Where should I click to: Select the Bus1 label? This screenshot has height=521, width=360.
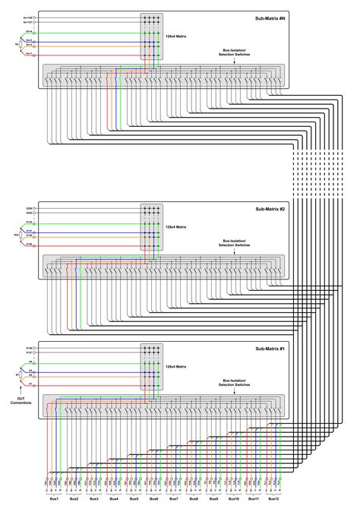point(54,499)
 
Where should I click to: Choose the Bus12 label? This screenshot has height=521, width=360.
point(273,499)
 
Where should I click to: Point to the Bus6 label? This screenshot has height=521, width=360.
point(153,499)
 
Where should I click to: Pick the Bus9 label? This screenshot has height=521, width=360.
point(213,499)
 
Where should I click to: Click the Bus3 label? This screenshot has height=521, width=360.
point(93,499)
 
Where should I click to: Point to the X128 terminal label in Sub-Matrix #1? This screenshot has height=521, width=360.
point(30,346)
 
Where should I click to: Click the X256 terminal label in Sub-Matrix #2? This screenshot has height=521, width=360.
point(30,207)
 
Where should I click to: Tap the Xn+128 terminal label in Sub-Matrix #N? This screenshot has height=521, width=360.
point(28,16)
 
